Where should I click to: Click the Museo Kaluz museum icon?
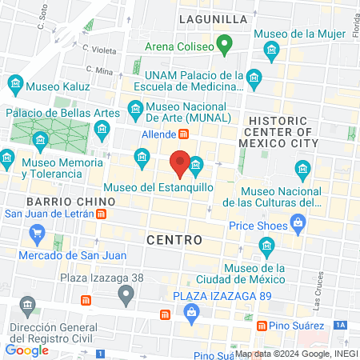15,84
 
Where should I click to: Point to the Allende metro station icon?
183,134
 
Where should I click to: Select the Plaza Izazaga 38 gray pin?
125,295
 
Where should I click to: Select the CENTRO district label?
174,238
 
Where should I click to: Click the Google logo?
26,350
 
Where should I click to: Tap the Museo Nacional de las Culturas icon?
302,168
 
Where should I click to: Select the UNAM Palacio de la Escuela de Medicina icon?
254,78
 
